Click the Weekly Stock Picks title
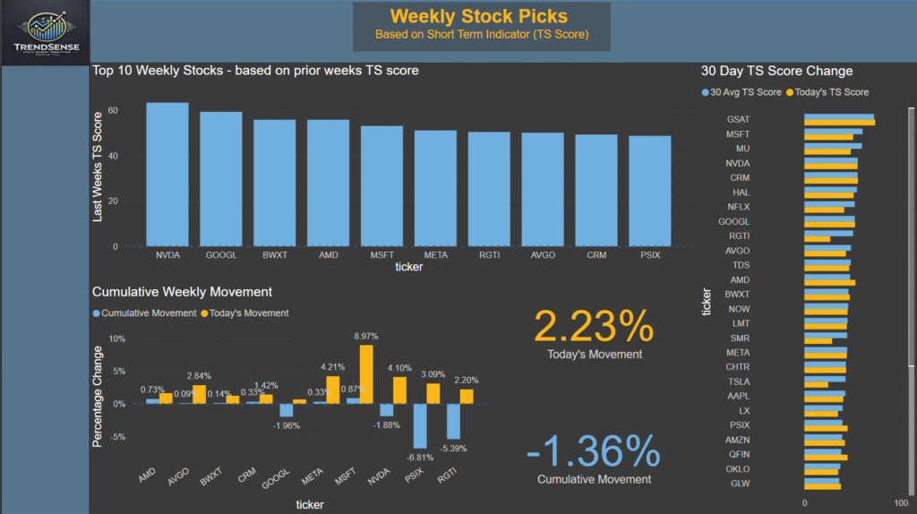click(x=480, y=16)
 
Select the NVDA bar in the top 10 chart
click(x=167, y=174)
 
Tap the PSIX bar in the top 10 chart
click(x=649, y=191)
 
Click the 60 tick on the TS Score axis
click(x=113, y=110)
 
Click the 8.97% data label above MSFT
click(x=366, y=335)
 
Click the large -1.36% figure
click(x=594, y=451)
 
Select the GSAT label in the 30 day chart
click(x=738, y=119)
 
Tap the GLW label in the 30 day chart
click(x=739, y=484)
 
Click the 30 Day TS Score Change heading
click(x=776, y=71)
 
